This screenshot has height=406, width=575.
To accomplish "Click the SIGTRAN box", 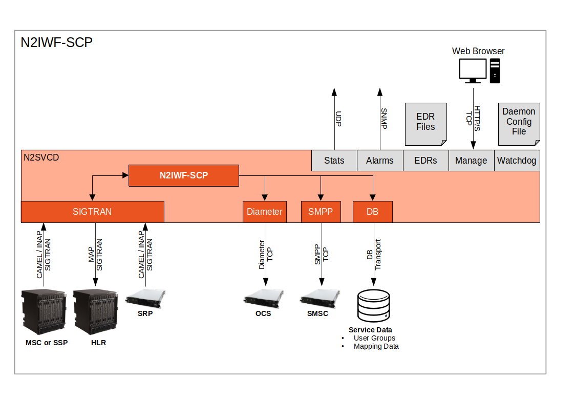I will click(92, 212).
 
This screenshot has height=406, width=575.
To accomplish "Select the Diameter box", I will click(264, 212).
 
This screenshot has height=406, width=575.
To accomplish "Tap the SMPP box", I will click(321, 212).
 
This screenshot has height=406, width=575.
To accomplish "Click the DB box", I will click(372, 212).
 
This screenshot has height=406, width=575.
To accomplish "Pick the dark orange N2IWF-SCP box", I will click(183, 175).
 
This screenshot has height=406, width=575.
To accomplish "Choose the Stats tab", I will click(334, 161).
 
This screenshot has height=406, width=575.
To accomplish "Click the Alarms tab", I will click(379, 161).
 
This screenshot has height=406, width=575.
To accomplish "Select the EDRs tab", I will click(425, 161).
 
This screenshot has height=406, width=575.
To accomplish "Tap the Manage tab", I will click(471, 161).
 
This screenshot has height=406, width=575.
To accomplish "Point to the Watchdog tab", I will click(517, 161).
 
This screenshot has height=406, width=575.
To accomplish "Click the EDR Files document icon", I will click(425, 123).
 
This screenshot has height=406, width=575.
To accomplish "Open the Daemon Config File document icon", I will click(519, 123).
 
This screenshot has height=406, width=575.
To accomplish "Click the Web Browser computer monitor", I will click(472, 71).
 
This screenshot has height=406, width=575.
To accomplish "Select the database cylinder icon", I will click(373, 306).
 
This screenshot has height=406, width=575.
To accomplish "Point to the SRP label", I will click(145, 313).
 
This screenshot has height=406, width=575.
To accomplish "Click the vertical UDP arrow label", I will click(338, 118).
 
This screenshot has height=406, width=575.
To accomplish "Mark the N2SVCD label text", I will click(41, 157).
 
